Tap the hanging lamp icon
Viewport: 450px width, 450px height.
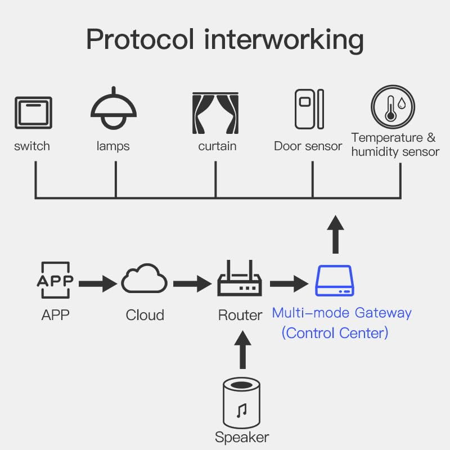coord(114,110)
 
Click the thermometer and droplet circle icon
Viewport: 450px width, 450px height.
coord(393,107)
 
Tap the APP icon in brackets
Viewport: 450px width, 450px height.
coord(56,280)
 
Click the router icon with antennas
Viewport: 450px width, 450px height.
coord(240,280)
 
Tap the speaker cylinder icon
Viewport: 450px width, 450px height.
coord(242,404)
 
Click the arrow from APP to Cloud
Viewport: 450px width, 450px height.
coord(98,283)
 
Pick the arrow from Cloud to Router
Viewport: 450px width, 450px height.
coord(193,283)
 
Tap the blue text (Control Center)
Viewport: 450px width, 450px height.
coord(335,332)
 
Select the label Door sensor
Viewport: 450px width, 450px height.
coord(308,146)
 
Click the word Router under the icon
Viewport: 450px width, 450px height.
coord(240,315)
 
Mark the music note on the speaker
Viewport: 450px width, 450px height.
coord(242,411)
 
